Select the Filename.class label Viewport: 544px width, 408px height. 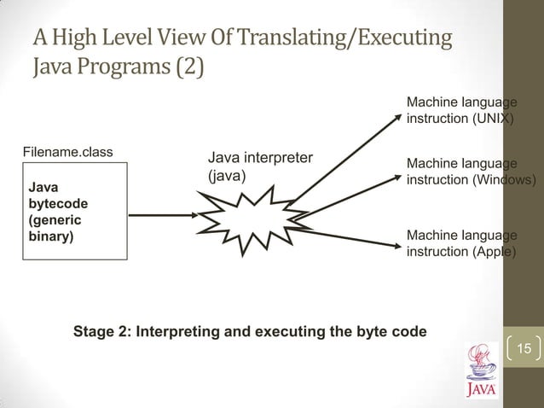pyautogui.click(x=67, y=153)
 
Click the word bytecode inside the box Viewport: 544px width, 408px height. pyautogui.click(x=56, y=204)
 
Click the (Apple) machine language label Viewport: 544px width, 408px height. pyautogui.click(x=493, y=253)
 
